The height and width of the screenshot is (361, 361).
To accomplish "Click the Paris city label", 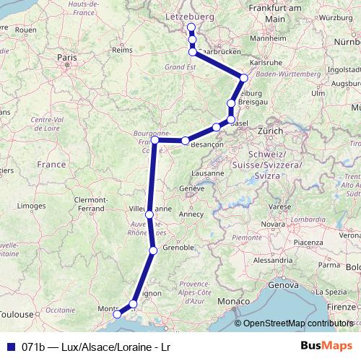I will (x=67, y=56).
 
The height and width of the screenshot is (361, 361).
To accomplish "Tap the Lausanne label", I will (x=209, y=173).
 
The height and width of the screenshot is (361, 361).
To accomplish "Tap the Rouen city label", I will (x=25, y=30).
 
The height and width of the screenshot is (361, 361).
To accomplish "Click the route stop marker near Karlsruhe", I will (x=244, y=78).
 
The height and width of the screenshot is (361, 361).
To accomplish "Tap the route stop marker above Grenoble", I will (x=153, y=251).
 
